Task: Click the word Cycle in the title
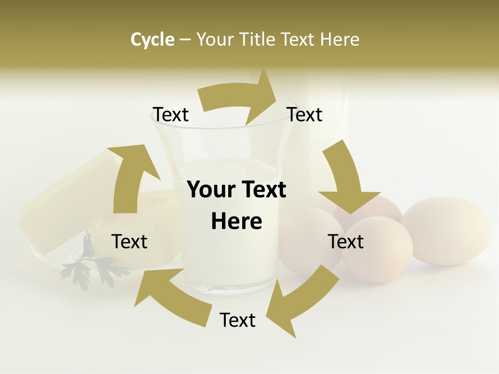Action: tap(152, 39)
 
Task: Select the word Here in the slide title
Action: tap(340, 39)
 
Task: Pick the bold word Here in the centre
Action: tap(237, 222)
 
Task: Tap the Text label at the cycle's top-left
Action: tap(170, 115)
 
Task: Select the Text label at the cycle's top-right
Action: tap(305, 115)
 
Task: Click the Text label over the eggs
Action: tap(346, 242)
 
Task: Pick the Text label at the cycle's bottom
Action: tap(238, 320)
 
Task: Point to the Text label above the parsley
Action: tap(129, 242)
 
